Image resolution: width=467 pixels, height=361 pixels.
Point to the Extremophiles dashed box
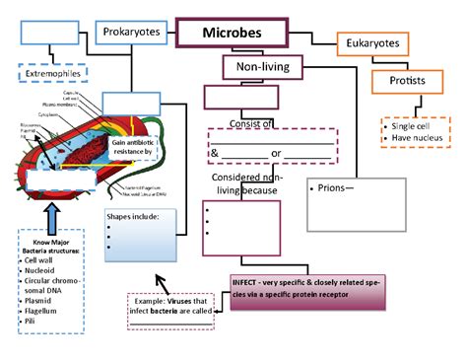[x=52, y=74]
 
